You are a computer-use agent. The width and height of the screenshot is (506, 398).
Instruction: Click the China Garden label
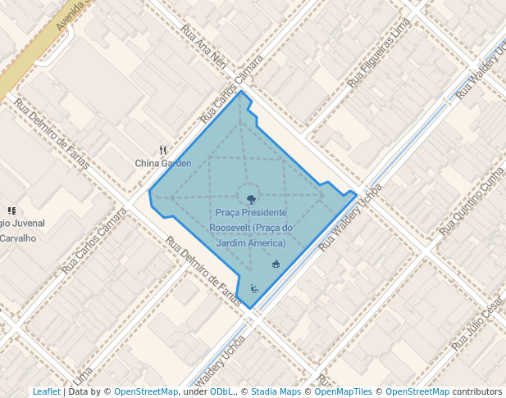pyautogui.click(x=163, y=163)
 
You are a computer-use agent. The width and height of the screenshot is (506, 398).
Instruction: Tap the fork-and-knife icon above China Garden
pyautogui.click(x=163, y=151)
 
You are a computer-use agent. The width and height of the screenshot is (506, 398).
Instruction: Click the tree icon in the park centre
pyautogui.click(x=250, y=197)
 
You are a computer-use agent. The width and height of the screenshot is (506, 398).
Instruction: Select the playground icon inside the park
pyautogui.click(x=254, y=288)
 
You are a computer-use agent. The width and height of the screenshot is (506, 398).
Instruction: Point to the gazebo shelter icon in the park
pyautogui.click(x=276, y=264)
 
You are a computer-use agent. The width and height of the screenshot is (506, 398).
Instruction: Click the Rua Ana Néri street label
pyautogui.click(x=203, y=47)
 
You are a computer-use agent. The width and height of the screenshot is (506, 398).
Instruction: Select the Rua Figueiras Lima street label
pyautogui.click(x=378, y=52)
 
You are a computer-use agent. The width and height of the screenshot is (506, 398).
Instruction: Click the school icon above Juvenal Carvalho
pyautogui.click(x=11, y=210)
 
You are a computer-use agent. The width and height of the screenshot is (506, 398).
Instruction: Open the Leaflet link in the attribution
pyautogui.click(x=46, y=391)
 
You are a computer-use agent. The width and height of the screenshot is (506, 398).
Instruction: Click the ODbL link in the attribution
pyautogui.click(x=221, y=391)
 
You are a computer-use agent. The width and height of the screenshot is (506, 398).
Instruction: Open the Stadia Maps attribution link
pyautogui.click(x=276, y=391)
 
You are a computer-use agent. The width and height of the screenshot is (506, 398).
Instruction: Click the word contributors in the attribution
pyautogui.click(x=476, y=391)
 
